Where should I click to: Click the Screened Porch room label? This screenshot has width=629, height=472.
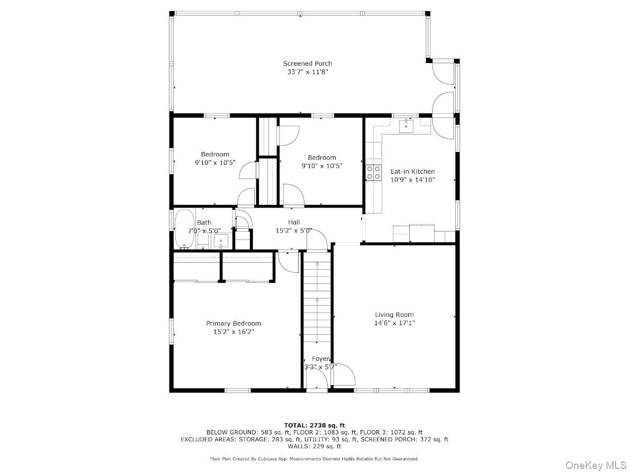(307, 64)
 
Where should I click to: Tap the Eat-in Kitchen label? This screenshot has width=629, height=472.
(412, 172)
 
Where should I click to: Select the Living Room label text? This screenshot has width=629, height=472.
(394, 315)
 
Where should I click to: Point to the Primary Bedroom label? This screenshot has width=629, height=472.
(233, 324)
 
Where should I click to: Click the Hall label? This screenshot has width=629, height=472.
(294, 222)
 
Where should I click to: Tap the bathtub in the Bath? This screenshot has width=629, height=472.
(184, 229)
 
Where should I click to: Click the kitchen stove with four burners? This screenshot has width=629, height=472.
(373, 173)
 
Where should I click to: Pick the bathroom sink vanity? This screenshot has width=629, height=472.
(221, 242)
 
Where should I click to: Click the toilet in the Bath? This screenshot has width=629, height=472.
(203, 242)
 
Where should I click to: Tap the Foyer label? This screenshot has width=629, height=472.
(320, 359)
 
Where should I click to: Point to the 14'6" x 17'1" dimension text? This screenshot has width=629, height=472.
(394, 323)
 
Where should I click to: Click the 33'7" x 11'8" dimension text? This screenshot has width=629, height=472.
(308, 72)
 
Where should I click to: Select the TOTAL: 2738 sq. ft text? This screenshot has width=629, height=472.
(314, 425)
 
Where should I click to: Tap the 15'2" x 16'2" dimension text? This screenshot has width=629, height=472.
(233, 332)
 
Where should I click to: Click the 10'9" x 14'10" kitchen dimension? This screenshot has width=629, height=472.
(413, 180)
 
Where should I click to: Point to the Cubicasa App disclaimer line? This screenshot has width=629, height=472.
(314, 458)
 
